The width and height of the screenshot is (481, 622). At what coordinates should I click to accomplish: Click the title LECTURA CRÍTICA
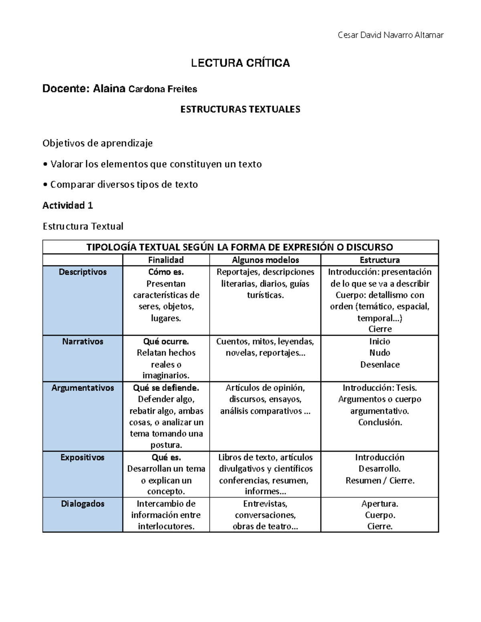point(240,63)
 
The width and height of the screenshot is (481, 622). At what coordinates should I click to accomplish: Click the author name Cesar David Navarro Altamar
point(390,35)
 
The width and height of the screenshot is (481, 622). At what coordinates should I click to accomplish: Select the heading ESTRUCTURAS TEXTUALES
point(240,109)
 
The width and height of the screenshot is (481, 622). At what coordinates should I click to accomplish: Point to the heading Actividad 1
point(68,205)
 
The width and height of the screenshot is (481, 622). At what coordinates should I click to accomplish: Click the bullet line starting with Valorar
point(152,164)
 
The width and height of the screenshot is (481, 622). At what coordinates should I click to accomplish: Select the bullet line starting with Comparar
point(120,185)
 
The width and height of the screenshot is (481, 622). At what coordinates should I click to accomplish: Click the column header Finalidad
point(166,260)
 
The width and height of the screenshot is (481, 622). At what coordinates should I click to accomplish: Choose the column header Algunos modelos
point(265,260)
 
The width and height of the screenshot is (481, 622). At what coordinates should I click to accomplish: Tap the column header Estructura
point(380,260)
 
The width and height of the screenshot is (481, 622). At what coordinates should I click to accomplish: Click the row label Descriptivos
point(83,272)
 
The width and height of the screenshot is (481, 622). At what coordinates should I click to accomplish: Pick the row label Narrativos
point(83,342)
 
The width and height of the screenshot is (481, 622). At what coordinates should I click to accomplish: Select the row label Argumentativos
point(83,388)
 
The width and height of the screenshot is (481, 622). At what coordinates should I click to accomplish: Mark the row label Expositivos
point(83,457)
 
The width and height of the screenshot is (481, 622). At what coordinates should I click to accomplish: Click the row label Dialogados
point(83,504)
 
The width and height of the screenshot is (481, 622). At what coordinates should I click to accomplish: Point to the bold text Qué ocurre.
point(166,342)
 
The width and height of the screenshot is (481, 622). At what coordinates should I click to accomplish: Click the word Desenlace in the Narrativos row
point(380,364)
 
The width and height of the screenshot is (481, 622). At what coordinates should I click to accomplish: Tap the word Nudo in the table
point(380,353)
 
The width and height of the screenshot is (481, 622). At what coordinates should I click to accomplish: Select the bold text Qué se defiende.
point(166,388)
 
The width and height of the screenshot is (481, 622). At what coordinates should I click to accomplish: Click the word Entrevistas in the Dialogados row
point(265,504)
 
